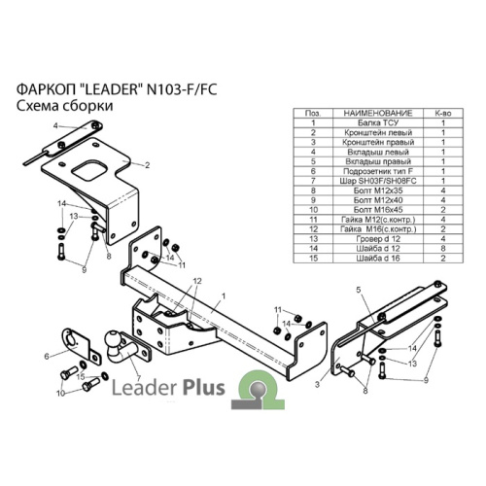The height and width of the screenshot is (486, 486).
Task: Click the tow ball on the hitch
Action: (x=113, y=339)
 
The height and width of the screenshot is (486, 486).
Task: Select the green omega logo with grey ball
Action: (x=258, y=390)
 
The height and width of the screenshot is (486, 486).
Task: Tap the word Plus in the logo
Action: (x=204, y=388)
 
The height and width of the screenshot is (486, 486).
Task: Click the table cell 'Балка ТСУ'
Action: (x=378, y=122)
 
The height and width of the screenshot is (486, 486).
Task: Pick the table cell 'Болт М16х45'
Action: (x=378, y=210)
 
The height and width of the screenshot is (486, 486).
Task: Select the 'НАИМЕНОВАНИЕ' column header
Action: (x=378, y=113)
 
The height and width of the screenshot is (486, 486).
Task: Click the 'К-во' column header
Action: (x=443, y=113)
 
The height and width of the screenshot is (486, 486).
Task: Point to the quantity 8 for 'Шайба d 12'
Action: (x=443, y=249)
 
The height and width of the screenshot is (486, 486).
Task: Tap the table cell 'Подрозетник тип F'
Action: (x=378, y=171)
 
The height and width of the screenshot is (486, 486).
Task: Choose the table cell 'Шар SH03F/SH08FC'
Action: (x=378, y=181)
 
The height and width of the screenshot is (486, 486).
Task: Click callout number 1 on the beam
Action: (x=224, y=295)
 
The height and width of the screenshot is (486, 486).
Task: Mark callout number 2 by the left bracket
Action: (x=148, y=165)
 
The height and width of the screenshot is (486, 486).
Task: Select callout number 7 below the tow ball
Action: (x=139, y=378)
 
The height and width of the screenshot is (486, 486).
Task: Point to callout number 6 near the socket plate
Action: (x=47, y=357)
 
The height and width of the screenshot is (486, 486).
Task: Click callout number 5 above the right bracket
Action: (x=359, y=290)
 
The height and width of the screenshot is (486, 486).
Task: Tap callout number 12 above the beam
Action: (x=197, y=281)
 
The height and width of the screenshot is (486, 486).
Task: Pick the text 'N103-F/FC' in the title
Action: (x=182, y=89)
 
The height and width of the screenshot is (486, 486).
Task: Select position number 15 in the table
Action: (x=313, y=259)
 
